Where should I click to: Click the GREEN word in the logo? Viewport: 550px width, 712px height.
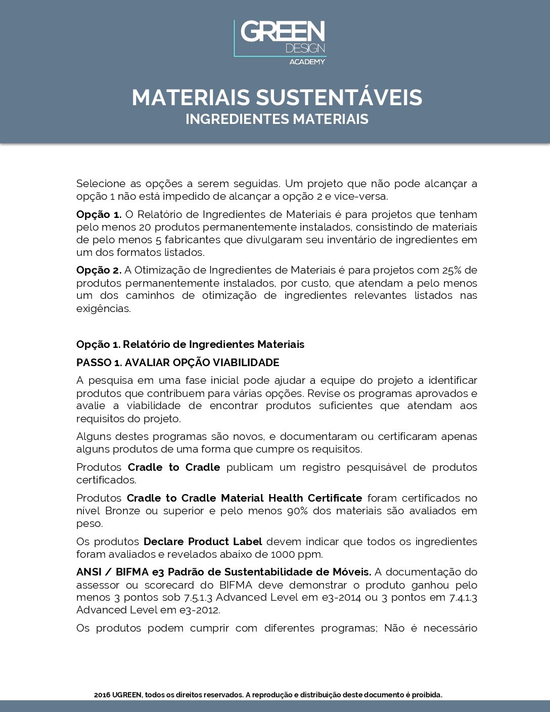(283, 31)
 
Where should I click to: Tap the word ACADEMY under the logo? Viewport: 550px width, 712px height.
(307, 62)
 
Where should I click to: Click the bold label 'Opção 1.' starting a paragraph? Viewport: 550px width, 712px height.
(99, 214)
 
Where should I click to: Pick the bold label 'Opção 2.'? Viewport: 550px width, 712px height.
(99, 270)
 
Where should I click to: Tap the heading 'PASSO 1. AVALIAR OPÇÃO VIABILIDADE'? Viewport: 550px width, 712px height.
(177, 363)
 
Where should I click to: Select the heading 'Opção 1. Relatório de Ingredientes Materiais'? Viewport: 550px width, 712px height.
(190, 344)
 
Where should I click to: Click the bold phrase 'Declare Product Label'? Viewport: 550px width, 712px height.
(203, 542)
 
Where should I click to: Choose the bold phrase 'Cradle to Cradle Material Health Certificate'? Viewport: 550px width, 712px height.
(244, 498)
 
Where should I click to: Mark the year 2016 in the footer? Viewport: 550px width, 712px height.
(102, 695)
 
